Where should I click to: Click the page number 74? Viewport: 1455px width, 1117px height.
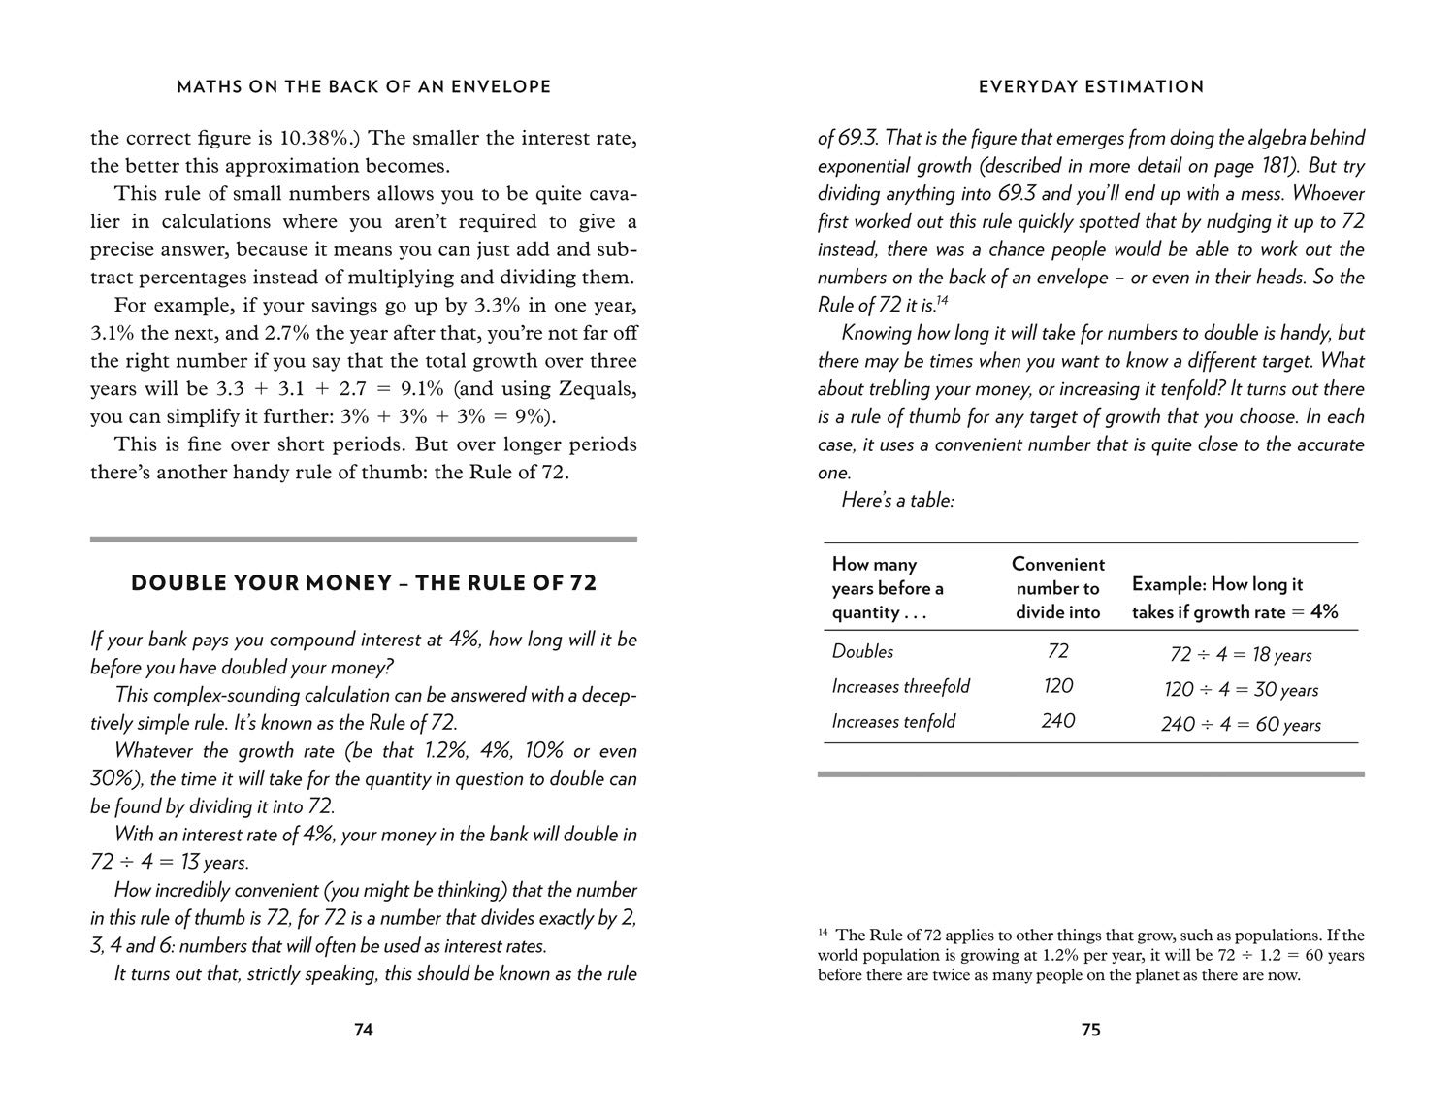(x=363, y=1030)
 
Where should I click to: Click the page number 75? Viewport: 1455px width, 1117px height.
(x=1090, y=1030)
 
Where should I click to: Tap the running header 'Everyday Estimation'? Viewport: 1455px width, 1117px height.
(x=1090, y=86)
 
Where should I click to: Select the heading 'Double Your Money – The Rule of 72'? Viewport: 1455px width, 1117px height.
(x=364, y=583)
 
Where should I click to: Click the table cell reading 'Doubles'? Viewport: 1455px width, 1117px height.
(x=862, y=651)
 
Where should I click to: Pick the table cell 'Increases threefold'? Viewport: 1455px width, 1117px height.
(x=900, y=686)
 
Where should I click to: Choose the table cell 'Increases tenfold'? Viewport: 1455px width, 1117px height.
(x=893, y=721)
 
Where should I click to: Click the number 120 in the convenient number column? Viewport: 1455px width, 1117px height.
(x=1057, y=686)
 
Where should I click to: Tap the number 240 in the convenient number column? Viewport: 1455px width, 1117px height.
(x=1057, y=721)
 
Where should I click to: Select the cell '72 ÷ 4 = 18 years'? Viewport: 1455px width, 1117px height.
(x=1241, y=655)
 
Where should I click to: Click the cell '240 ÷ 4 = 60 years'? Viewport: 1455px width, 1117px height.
(x=1241, y=725)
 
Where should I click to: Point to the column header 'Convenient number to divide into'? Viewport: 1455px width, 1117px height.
(x=1057, y=587)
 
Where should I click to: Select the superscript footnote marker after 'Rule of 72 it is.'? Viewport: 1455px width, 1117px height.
(x=942, y=300)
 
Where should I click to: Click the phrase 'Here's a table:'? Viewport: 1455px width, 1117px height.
(x=897, y=501)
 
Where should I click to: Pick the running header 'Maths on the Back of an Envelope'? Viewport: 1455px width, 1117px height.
(x=364, y=86)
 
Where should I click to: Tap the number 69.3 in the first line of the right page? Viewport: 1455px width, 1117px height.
(x=857, y=138)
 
